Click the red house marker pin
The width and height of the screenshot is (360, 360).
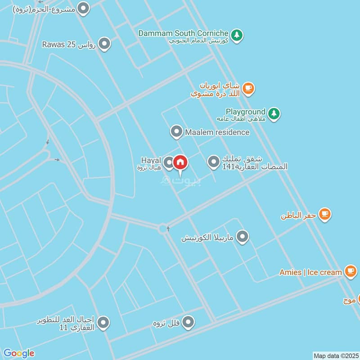180,162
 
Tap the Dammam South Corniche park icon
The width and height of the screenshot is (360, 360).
237,34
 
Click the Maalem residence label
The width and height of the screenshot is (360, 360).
217,132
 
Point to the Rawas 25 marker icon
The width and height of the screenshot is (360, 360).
104,44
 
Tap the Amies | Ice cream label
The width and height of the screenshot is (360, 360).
310,272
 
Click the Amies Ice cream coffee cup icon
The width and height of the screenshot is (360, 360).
350,271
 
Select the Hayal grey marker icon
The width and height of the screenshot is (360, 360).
168,162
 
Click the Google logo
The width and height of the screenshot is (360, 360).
19,353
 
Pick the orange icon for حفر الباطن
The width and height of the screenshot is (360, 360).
324,214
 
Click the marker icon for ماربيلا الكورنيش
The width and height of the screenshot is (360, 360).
243,237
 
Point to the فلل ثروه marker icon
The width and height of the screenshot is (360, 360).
188,322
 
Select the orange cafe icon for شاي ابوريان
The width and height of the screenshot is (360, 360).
248,89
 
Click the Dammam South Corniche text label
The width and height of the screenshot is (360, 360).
183,33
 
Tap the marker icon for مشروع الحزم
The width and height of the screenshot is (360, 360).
83,8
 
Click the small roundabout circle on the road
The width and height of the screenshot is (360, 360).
163,229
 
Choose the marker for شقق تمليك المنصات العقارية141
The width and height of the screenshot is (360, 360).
213,162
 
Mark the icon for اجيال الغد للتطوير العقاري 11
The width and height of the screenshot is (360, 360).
103,323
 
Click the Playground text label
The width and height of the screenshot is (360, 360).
246,112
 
